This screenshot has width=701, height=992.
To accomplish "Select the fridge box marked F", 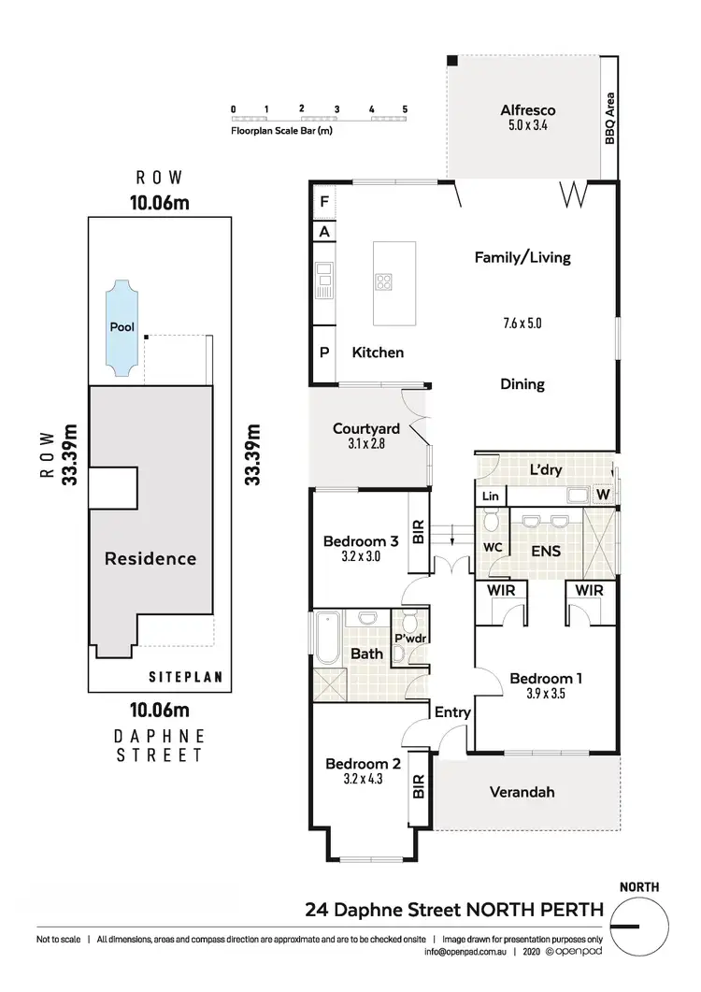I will [x=324, y=201].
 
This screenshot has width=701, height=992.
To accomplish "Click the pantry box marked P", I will [x=324, y=352].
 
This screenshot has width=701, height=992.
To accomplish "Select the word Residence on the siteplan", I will [x=150, y=558].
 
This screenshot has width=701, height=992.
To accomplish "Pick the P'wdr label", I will [x=408, y=639].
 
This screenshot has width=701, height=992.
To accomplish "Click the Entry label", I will [x=453, y=712].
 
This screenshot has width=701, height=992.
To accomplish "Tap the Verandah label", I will [x=522, y=792].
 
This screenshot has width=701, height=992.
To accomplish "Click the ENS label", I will [x=545, y=552].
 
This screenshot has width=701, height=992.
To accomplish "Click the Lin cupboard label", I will [x=490, y=496].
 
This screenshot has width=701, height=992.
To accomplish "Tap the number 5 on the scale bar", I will [x=405, y=109].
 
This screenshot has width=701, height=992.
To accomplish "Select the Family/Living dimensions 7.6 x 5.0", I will [x=522, y=323].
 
